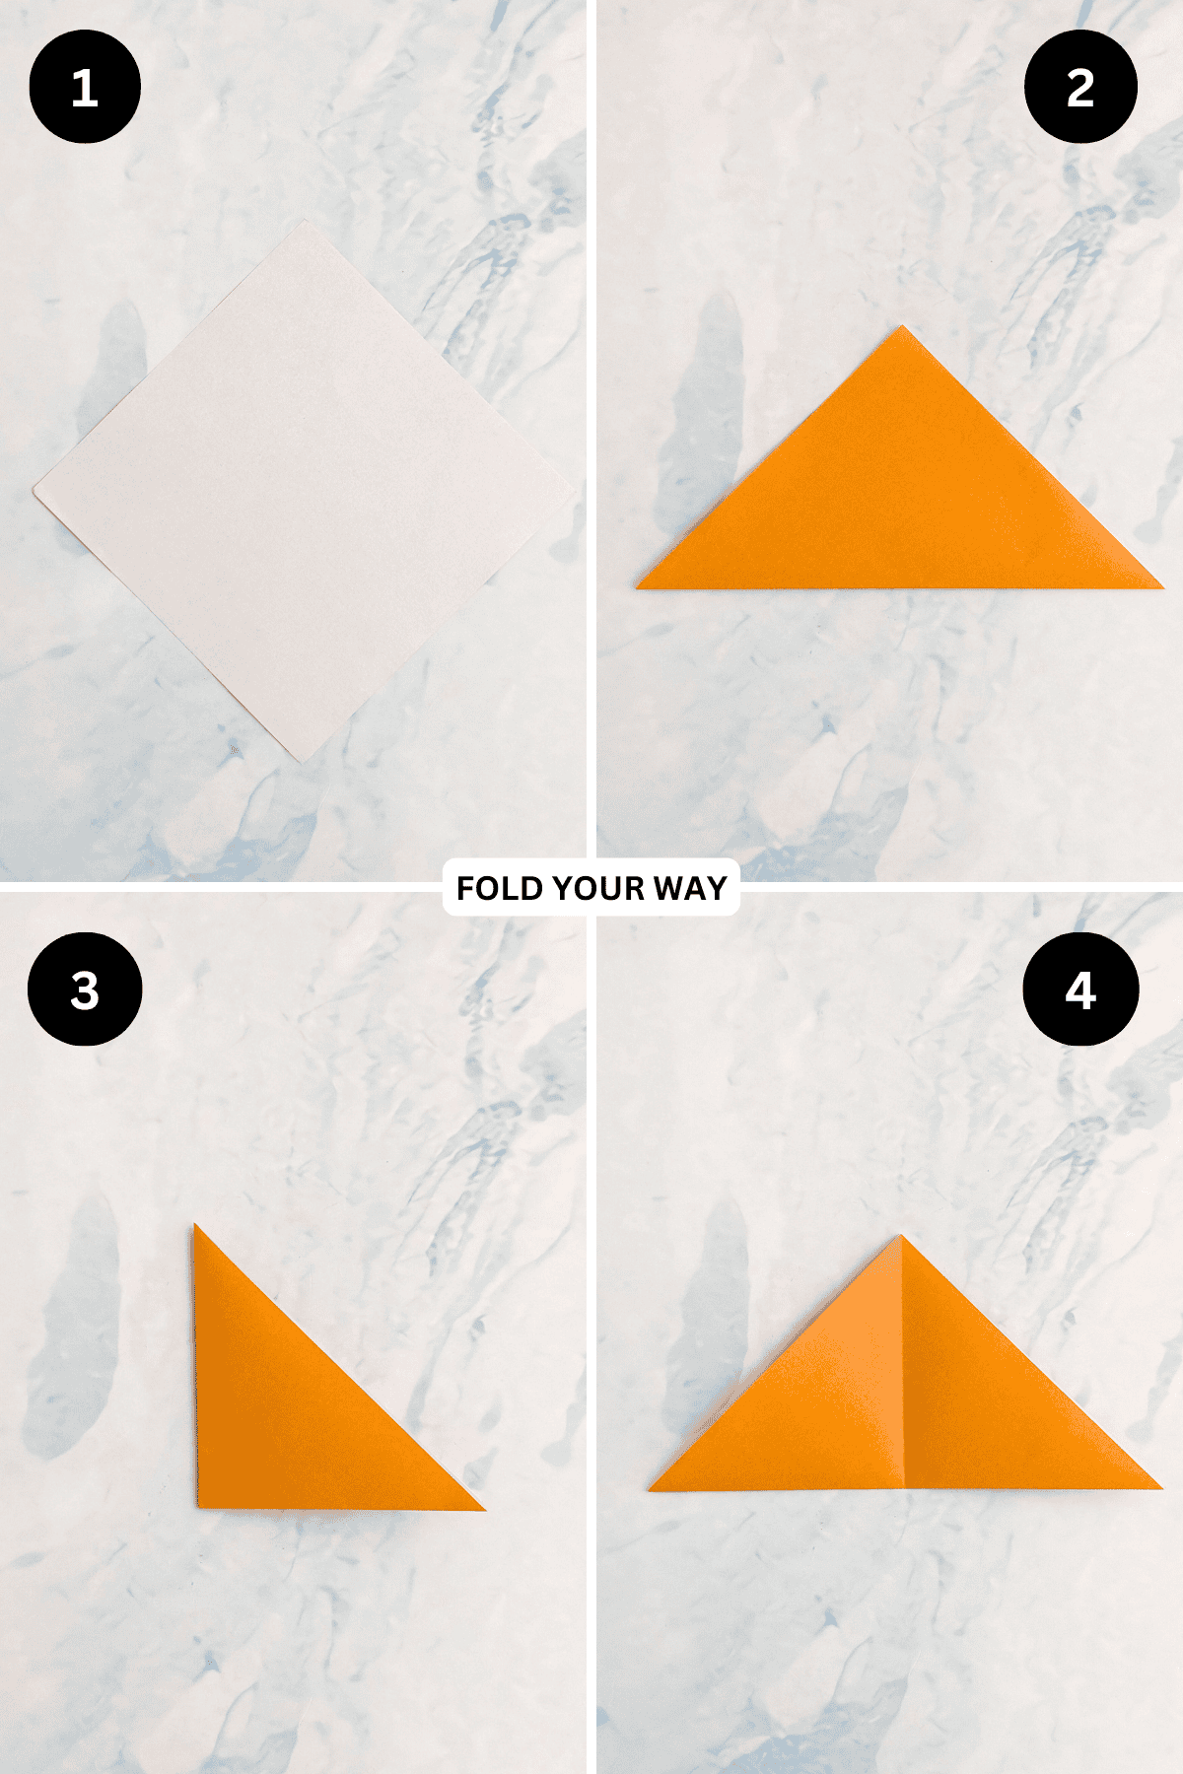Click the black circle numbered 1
tap(85, 87)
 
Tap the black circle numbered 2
tap(1080, 87)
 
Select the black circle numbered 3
tap(85, 989)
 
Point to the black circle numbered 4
tap(1080, 989)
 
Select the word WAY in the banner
tap(690, 888)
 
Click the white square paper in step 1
tap(305, 491)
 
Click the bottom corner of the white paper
tap(301, 763)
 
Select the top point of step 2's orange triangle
tap(901, 326)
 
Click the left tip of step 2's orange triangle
tap(638, 588)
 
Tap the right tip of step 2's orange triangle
tap(1163, 587)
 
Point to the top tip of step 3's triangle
tap(195, 1225)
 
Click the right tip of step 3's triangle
tap(485, 1509)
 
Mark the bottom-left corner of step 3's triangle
tap(198, 1507)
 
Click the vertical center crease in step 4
tap(903, 1362)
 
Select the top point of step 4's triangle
tap(900, 1236)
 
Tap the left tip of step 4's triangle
tap(650, 1489)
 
